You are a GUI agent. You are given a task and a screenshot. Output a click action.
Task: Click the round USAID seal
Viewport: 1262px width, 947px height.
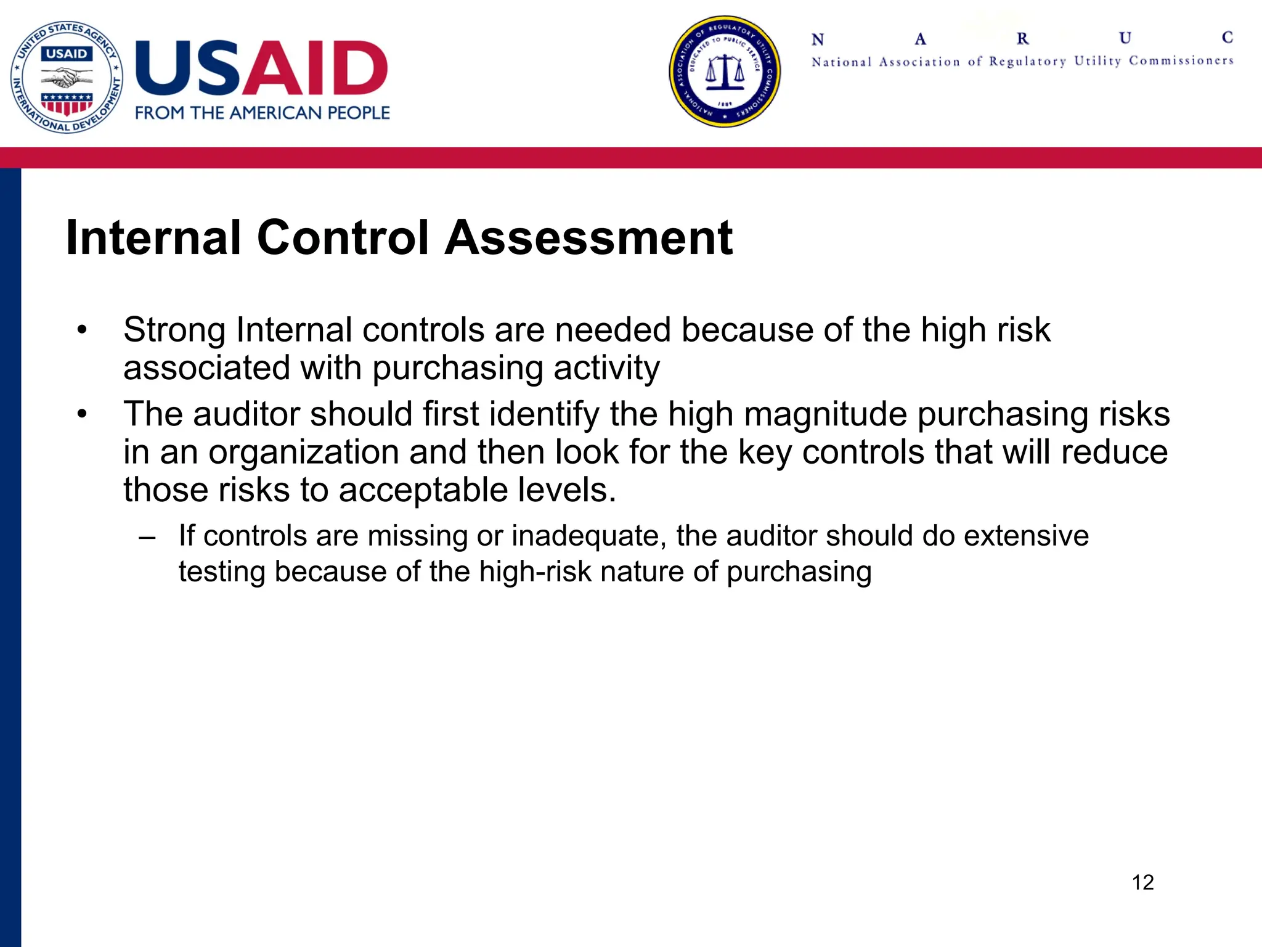(x=67, y=77)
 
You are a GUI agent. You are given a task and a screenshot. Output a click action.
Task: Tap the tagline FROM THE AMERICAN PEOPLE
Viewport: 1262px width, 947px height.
(x=263, y=113)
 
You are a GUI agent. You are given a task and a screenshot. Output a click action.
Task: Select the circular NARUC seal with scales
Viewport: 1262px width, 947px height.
(x=725, y=72)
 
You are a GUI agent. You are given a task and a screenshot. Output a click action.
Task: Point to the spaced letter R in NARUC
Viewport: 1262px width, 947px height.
(x=1022, y=39)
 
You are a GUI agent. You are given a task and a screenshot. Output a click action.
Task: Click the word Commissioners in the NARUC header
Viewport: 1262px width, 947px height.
(x=1181, y=60)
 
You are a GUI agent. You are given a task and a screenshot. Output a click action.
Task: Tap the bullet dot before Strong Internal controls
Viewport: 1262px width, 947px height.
(x=82, y=330)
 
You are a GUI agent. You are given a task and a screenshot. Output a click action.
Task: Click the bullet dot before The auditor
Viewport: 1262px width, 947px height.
(x=82, y=414)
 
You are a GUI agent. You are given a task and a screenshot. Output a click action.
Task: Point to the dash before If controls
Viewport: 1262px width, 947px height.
(x=147, y=536)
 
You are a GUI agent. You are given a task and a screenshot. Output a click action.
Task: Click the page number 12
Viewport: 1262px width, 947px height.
(x=1142, y=882)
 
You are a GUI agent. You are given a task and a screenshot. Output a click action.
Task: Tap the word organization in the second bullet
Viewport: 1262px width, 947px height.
(x=304, y=453)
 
